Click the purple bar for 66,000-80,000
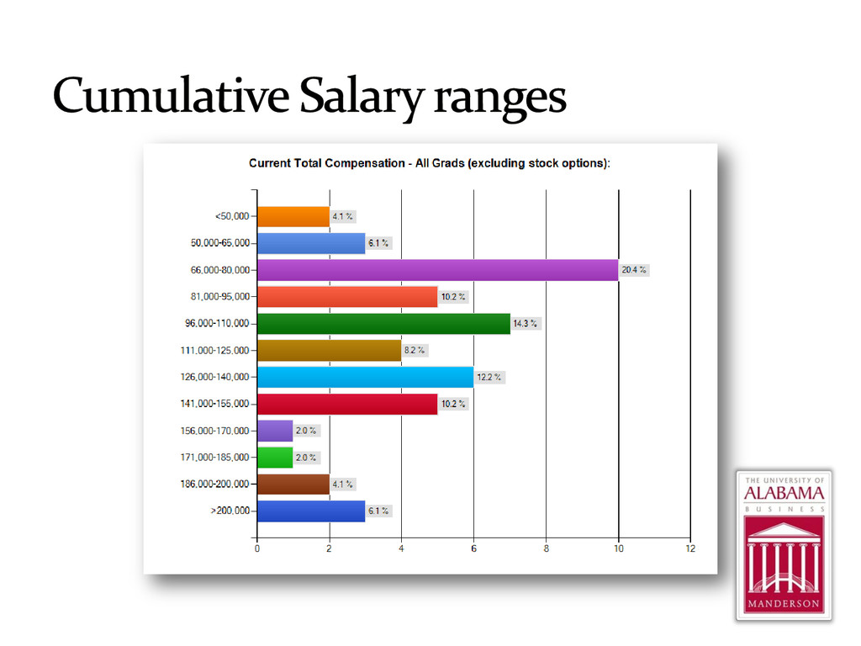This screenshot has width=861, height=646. coord(437,270)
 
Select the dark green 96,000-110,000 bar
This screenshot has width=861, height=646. coord(383,324)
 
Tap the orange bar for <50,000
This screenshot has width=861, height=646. coord(293,216)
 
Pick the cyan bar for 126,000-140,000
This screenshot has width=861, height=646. coord(366,377)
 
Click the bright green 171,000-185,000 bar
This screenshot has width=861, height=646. coord(275,458)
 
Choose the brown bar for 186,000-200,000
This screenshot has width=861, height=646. coord(293,484)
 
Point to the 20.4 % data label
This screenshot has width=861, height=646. coord(634,270)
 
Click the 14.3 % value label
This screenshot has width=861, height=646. coord(525,324)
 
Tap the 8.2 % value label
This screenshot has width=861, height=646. coord(415,350)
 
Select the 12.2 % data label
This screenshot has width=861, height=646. coord(489,377)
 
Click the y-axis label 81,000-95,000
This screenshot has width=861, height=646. coord(220,297)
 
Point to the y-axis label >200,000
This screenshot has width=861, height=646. coord(230,511)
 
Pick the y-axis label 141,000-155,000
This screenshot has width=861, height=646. coord(214,404)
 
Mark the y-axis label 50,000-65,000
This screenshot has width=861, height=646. coord(220,243)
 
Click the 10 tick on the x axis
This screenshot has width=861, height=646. coord(618,548)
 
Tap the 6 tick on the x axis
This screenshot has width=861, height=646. coord(474,548)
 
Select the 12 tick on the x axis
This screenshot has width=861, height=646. coord(690,548)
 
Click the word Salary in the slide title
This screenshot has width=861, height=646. coord(362,98)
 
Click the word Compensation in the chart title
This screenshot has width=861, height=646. coord(365,164)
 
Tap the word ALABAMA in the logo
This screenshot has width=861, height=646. coord(784,493)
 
